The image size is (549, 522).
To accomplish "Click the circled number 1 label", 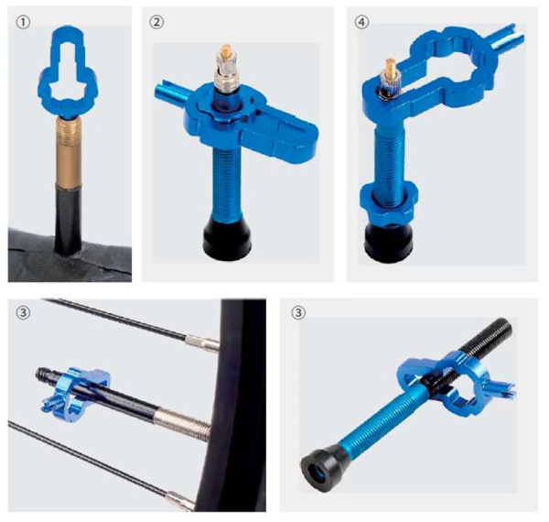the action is point(23,23).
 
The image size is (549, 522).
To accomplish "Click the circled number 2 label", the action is point(156,22).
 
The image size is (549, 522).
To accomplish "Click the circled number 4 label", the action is point(361,22).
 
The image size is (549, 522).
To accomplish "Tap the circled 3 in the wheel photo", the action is point(23,312).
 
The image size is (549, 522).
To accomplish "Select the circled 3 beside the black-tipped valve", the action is point(298,312).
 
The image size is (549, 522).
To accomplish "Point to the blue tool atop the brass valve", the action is point(68,71).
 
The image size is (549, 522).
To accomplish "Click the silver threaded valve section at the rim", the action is point(182,423).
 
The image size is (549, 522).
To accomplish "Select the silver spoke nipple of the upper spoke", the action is point(202,343).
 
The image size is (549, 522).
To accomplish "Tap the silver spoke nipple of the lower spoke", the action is point(180,500).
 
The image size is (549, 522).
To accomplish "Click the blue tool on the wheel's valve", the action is point(75,394).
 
